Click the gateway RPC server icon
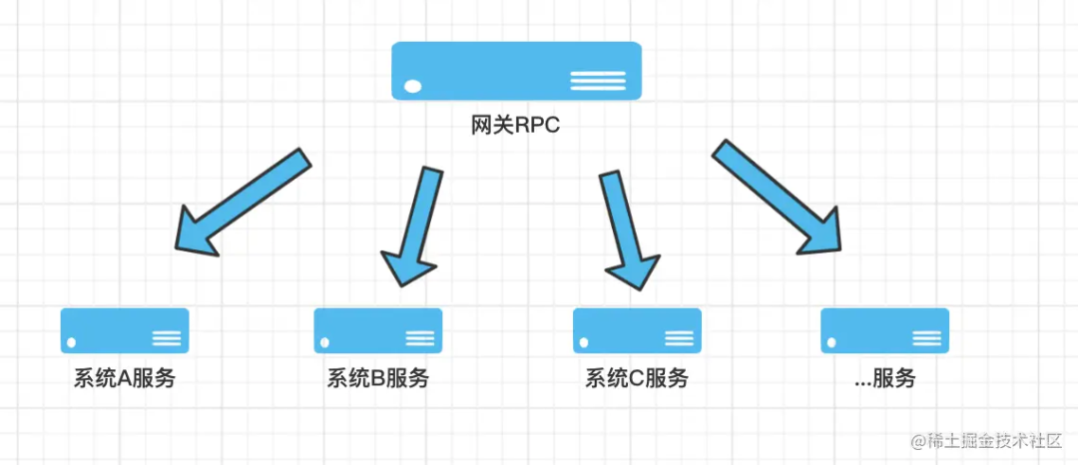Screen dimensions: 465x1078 (x=516, y=70)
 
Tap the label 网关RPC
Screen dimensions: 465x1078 (x=516, y=126)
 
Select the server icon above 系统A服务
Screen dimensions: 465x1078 (x=125, y=330)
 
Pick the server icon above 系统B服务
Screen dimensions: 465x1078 (x=377, y=330)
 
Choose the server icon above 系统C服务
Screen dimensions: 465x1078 (x=637, y=330)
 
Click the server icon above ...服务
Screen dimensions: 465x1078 (x=884, y=330)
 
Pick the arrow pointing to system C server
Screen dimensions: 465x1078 (x=625, y=228)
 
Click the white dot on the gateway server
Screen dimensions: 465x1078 (x=410, y=89)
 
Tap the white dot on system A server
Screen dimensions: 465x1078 (x=71, y=343)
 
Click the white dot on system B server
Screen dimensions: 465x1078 (x=324, y=343)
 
